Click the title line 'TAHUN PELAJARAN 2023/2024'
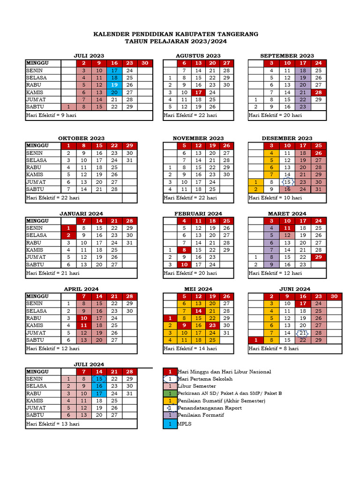175,42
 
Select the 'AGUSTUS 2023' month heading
198,56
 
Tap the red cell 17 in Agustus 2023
199,92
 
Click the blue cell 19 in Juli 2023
114,85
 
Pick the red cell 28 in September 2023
318,92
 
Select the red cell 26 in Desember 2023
318,153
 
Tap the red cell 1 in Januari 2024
68,228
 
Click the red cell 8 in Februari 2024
184,250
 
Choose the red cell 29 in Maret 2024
318,257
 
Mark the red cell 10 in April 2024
84,318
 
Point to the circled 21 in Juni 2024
303,333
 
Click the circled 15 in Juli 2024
99,379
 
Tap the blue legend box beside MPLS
170,424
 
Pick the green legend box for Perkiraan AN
170,393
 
